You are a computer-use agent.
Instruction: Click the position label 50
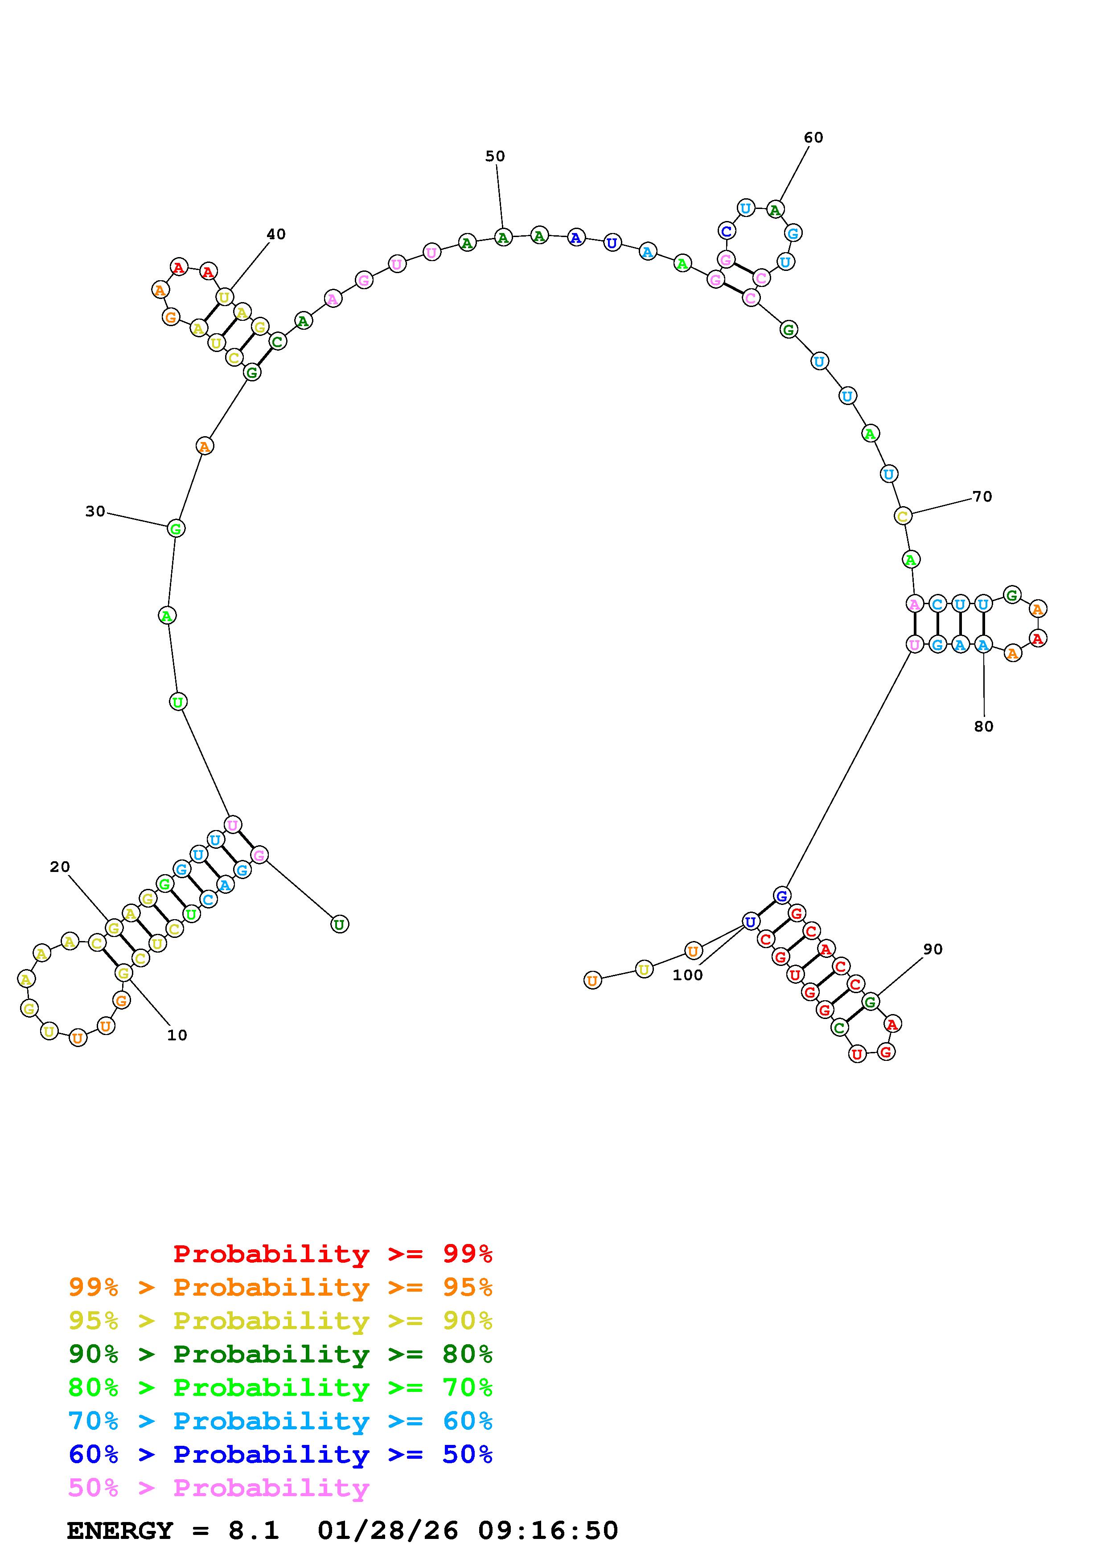(x=495, y=156)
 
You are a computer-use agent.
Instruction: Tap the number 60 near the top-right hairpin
(x=813, y=138)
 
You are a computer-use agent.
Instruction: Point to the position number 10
(x=177, y=1035)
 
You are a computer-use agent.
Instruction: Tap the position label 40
(x=276, y=235)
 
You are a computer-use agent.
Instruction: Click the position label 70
(x=982, y=497)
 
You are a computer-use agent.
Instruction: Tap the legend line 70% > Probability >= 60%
(x=280, y=1421)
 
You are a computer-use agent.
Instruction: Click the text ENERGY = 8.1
(x=173, y=1531)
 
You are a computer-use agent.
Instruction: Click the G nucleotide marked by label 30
(x=176, y=528)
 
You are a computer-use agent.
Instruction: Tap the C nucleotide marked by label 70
(x=903, y=516)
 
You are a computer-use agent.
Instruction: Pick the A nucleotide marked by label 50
(x=503, y=237)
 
